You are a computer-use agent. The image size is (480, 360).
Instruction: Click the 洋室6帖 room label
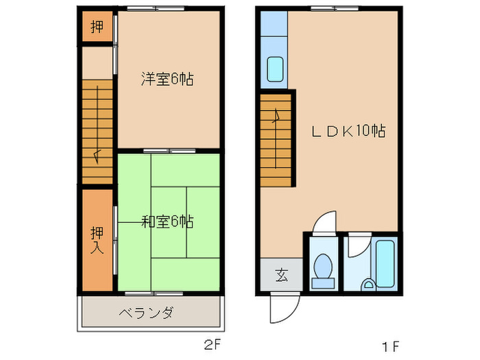pos(167,80)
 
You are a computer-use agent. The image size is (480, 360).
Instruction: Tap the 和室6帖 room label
pos(167,221)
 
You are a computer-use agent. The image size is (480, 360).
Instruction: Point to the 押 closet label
pos(97,27)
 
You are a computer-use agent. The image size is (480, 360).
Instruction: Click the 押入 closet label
pos(97,240)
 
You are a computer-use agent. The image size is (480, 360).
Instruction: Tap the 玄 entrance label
pos(281,276)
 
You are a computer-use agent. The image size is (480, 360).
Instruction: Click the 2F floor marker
pos(211,343)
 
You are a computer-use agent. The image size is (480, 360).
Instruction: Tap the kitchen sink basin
pos(274,69)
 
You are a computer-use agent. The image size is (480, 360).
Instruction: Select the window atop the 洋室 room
pos(155,9)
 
